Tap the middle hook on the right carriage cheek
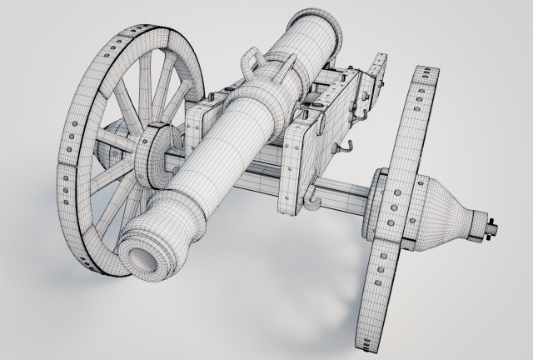(340, 148)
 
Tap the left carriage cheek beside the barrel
(200, 125)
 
